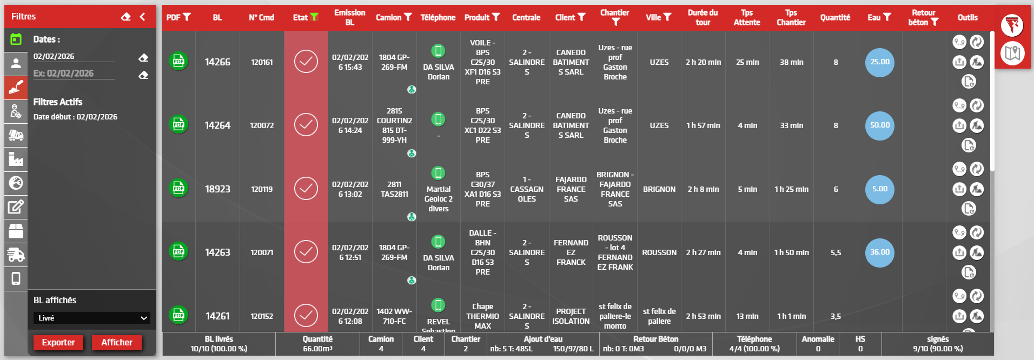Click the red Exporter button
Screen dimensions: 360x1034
point(58,342)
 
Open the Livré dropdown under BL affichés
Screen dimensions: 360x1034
point(91,318)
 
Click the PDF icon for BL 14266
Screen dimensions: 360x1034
point(178,62)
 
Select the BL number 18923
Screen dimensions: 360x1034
point(217,189)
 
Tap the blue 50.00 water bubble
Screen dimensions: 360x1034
point(879,125)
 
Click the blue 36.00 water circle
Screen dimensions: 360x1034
point(879,252)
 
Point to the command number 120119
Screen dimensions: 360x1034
point(262,189)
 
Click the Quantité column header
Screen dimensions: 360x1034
point(835,17)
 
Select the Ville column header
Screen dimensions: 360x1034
point(658,17)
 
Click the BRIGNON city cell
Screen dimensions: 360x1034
point(659,189)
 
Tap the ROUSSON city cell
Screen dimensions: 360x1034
point(659,252)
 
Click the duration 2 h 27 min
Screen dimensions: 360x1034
point(703,252)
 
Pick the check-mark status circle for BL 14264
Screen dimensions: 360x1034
point(306,125)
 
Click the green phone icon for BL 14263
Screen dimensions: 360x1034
point(438,242)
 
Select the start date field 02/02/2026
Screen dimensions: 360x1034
point(74,57)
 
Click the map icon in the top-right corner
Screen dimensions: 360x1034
point(1012,53)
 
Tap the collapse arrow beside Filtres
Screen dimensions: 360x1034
point(142,17)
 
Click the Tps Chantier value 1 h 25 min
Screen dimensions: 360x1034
point(791,189)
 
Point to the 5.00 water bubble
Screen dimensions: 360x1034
point(879,189)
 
